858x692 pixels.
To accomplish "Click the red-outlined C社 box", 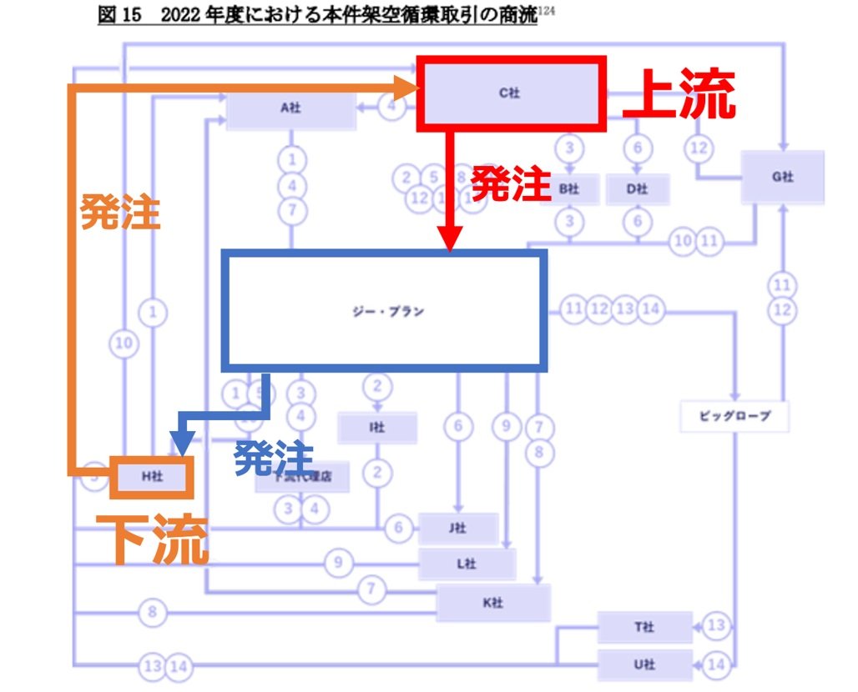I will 510,93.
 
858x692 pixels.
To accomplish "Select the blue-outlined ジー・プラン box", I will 383,311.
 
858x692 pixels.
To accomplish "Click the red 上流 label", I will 679,93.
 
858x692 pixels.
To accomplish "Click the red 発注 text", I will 511,184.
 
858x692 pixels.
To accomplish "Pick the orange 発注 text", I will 119,213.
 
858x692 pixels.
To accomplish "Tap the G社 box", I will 782,177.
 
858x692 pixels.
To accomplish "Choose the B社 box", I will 568,189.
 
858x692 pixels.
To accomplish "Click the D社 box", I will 637,189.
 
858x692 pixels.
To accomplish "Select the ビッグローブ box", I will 734,414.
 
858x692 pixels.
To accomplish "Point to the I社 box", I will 377,428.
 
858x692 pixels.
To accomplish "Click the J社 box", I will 457,529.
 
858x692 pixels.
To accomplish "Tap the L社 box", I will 467,564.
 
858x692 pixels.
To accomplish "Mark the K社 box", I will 493,603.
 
